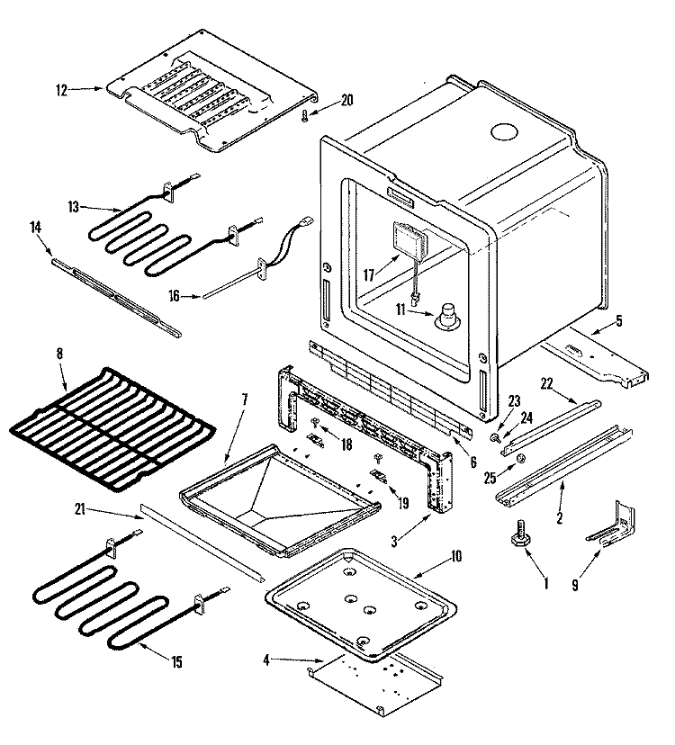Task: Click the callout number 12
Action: point(61,90)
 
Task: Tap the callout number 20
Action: point(347,100)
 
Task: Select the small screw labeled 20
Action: point(305,114)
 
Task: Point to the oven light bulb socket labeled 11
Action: point(447,317)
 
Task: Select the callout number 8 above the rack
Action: point(60,355)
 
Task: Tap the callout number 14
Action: point(37,229)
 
